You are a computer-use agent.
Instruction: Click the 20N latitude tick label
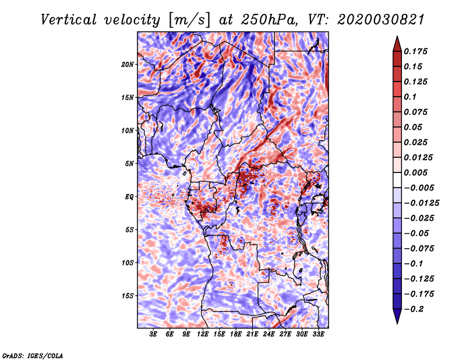tap(128, 65)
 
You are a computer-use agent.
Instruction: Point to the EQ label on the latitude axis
tap(129, 197)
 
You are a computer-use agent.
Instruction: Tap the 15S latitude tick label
tap(128, 296)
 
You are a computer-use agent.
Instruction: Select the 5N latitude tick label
tap(129, 164)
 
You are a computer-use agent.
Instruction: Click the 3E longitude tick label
tap(153, 334)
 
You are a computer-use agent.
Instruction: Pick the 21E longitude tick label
tap(252, 334)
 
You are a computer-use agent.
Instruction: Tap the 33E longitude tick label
tap(318, 334)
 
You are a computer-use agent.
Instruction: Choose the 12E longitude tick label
tap(203, 334)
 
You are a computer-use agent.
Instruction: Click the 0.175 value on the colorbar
tap(415, 51)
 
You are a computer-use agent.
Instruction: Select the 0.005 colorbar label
tap(415, 172)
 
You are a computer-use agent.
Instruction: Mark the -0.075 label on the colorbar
tap(419, 249)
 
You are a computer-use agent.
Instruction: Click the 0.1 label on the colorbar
tap(410, 97)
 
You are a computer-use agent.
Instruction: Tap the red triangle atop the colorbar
tap(397, 44)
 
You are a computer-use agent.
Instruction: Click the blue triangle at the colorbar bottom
tap(397, 316)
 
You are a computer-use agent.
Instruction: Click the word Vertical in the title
tap(69, 20)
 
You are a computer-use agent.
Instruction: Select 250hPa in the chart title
tap(269, 20)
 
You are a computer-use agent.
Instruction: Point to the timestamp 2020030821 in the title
tap(381, 20)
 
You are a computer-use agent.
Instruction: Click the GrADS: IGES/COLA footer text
tap(33, 355)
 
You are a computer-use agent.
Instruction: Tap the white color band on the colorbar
tap(397, 180)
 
